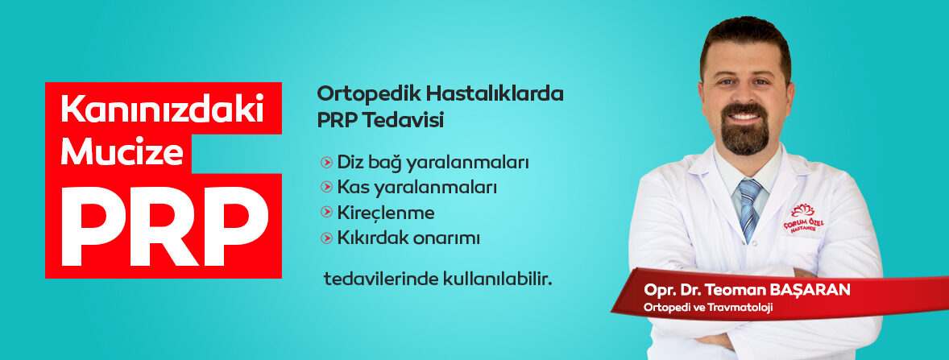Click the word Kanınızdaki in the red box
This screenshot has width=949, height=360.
pos(162,110)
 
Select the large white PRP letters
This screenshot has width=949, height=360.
pos(164,226)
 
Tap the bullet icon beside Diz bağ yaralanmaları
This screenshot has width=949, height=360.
pos(327,162)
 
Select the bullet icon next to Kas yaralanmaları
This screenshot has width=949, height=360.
pos(327,187)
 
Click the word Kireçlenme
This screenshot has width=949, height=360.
pos(386,213)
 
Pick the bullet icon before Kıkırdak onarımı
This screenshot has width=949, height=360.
pos(327,238)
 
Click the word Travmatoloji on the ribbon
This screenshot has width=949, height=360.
pos(745,308)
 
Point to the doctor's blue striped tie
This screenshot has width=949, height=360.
pos(749,209)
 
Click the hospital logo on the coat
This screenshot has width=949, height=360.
pos(804,219)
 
